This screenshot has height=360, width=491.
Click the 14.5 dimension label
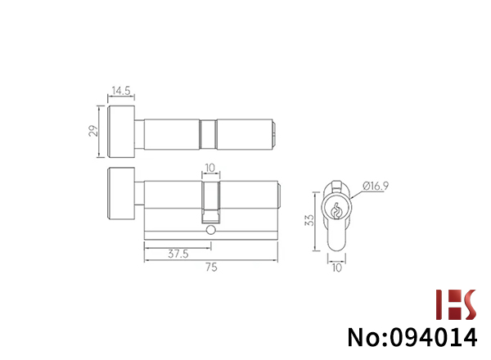pos(121,91)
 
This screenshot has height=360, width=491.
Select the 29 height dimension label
pos(93,131)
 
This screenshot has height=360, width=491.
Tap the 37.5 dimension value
pos(178,254)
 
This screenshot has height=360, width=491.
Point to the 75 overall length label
pos(211,268)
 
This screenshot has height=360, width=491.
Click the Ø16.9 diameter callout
pos(376,186)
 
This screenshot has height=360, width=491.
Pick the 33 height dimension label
pos(309,220)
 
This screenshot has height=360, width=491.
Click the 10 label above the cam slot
pos(210,168)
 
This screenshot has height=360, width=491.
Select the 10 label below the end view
pos(337,268)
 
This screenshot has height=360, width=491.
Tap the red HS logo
pos(457,304)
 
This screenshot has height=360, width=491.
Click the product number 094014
pos(434,337)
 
